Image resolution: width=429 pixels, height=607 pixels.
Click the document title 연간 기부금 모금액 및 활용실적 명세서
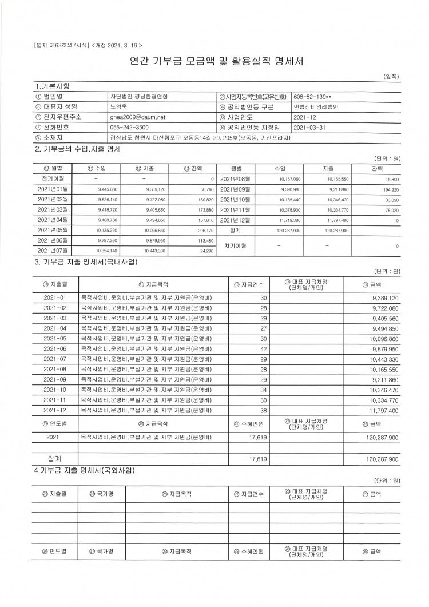[214, 61]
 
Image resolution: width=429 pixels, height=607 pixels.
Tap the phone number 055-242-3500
[129, 127]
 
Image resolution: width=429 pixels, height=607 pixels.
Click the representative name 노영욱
[118, 107]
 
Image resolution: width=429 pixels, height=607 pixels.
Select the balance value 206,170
[205, 231]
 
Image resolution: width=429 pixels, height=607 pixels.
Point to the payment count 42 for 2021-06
[263, 348]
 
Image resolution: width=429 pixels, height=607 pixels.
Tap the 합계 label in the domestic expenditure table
[55, 458]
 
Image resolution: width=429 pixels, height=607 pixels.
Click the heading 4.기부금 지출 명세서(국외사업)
[85, 470]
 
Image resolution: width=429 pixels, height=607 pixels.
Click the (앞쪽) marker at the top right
[391, 76]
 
